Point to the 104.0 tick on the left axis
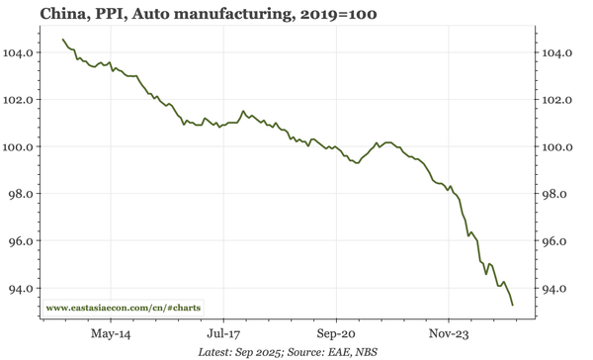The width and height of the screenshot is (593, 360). (25, 52)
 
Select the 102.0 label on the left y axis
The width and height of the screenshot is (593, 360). (25, 100)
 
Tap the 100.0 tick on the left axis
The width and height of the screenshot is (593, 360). (25, 146)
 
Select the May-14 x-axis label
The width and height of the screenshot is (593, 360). (112, 334)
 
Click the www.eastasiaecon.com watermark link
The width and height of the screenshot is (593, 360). (124, 309)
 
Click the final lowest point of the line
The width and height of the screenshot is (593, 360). (512, 305)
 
